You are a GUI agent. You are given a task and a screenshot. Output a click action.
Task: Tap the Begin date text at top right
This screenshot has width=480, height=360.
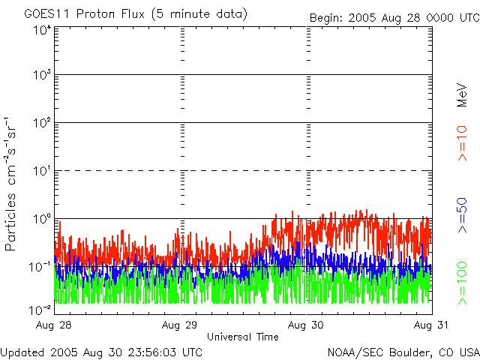pyautogui.click(x=394, y=18)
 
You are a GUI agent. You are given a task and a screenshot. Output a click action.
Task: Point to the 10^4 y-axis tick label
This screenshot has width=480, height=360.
pyautogui.click(x=42, y=31)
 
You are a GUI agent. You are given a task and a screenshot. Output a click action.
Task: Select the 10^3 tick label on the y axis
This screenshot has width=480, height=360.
pyautogui.click(x=42, y=75)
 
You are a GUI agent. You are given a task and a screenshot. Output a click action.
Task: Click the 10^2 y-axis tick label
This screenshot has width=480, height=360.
pyautogui.click(x=42, y=123)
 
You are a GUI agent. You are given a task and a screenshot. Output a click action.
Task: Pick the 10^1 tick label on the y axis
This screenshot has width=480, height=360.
pyautogui.click(x=42, y=171)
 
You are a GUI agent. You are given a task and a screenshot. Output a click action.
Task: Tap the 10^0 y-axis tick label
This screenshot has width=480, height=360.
pyautogui.click(x=42, y=219)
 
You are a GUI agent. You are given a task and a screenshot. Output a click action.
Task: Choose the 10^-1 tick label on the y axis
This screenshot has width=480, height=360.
pyautogui.click(x=40, y=267)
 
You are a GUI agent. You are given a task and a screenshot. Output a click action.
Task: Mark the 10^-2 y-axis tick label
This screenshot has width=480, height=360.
pyautogui.click(x=40, y=310)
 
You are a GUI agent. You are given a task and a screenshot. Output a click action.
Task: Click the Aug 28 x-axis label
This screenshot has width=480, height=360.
pyautogui.click(x=53, y=325)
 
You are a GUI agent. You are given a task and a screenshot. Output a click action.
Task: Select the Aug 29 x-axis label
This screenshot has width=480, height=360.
pyautogui.click(x=180, y=325)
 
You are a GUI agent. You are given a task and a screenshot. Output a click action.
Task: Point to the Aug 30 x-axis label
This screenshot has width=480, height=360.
pyautogui.click(x=305, y=325)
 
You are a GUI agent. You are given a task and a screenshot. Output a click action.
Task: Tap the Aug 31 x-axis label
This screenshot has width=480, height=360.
pyautogui.click(x=431, y=325)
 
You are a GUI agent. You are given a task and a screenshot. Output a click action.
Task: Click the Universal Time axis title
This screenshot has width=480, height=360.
pyautogui.click(x=243, y=337)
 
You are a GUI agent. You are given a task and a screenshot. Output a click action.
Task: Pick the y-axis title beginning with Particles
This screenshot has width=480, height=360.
pyautogui.click(x=10, y=184)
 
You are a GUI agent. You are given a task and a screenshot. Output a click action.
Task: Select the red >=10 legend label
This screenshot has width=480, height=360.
pyautogui.click(x=462, y=143)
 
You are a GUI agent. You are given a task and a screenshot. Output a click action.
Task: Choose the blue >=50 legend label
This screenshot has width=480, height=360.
pyautogui.click(x=462, y=215)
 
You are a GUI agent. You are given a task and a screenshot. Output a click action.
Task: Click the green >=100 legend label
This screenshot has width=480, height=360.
pyautogui.click(x=462, y=283)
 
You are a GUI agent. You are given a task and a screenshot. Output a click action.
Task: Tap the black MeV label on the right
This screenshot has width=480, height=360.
pyautogui.click(x=462, y=95)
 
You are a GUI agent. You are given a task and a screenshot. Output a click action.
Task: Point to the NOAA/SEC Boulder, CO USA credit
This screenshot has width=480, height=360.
pyautogui.click(x=403, y=352)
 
